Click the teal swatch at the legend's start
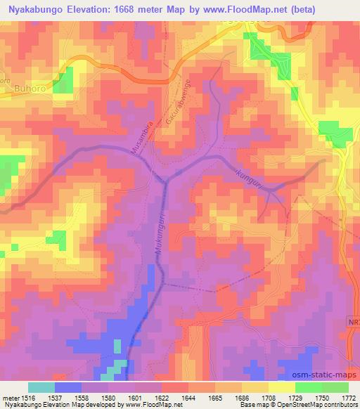tap(41, 387)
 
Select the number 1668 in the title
tap(130, 9)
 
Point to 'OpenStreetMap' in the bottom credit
tap(309, 405)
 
